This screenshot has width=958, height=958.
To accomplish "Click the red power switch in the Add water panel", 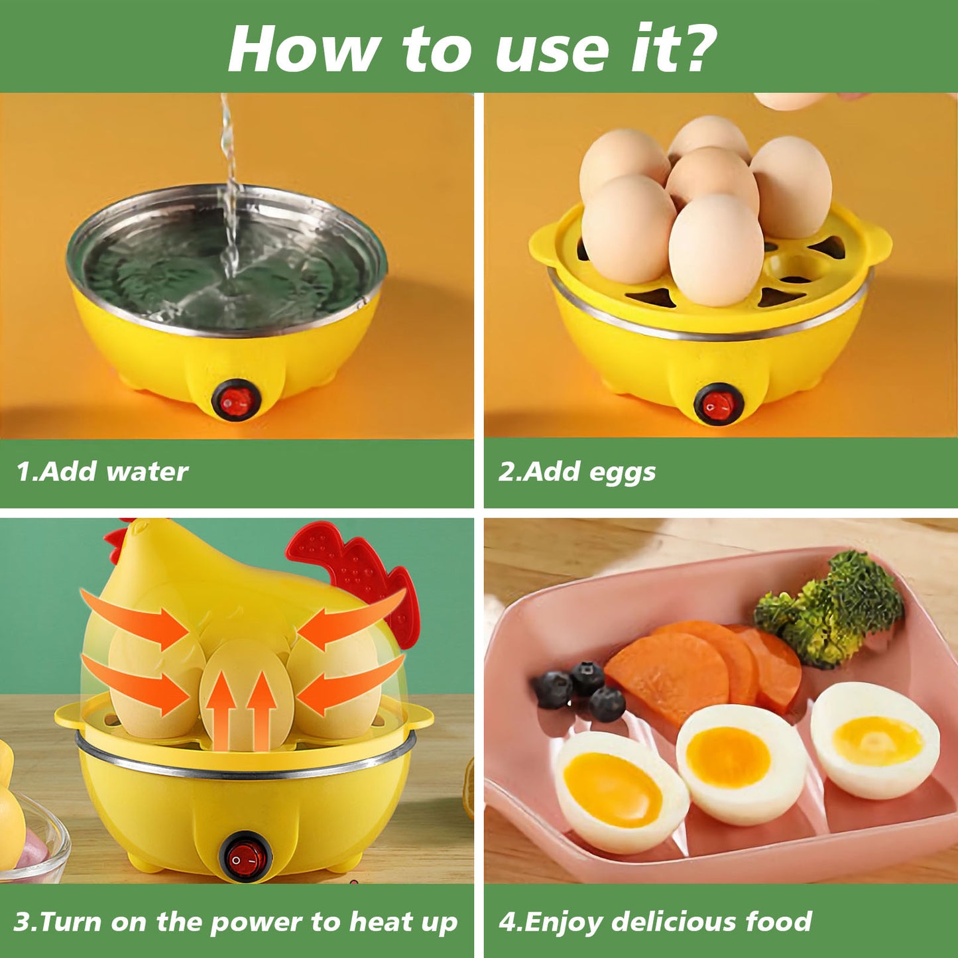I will (x=236, y=400).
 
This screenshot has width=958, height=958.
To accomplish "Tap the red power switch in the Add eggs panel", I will (x=719, y=404).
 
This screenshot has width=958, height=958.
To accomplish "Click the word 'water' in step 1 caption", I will (x=147, y=472).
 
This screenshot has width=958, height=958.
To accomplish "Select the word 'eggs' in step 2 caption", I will (x=622, y=473).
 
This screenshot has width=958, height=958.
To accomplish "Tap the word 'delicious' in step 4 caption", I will (x=674, y=922).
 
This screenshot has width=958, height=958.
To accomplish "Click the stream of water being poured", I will (x=229, y=199).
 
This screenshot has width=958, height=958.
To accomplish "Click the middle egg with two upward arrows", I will (x=245, y=693).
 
